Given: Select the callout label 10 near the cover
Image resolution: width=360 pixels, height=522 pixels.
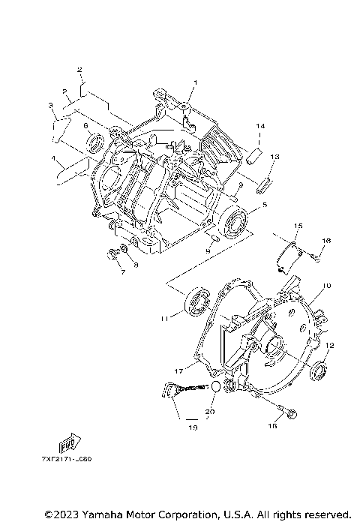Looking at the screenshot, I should (x=327, y=286).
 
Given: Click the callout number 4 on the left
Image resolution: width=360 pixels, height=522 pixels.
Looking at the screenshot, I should (x=53, y=160).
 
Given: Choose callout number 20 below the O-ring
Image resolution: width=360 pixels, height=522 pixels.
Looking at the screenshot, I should (x=211, y=412).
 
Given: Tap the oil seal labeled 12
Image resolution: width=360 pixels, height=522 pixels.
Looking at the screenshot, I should (x=318, y=370).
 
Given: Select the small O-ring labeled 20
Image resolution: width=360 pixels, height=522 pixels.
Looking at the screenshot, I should (x=214, y=387).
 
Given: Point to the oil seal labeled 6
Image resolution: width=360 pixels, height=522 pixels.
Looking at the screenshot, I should (x=96, y=143).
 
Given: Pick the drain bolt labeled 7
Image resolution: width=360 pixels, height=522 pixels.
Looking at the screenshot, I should (x=115, y=253).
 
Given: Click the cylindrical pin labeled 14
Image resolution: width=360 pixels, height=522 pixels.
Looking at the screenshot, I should (x=254, y=156).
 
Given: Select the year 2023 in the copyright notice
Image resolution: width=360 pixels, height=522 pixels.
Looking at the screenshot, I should (x=61, y=514).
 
